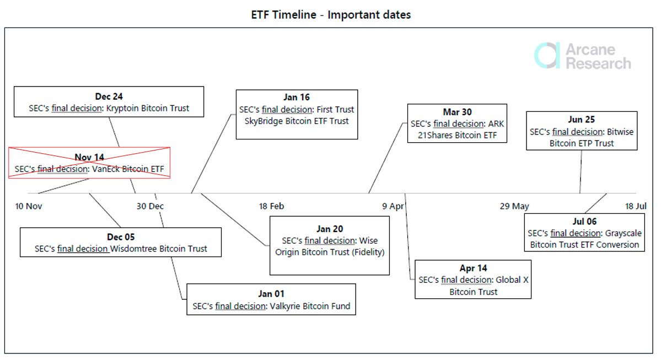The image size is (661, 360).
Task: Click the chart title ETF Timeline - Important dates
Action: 330,14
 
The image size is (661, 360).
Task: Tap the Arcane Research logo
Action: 583,56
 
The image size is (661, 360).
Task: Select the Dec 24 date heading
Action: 109,97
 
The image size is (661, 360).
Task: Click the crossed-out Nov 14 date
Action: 89,157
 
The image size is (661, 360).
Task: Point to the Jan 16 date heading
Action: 297,98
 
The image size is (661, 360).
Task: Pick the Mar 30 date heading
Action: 457,112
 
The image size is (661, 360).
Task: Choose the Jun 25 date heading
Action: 582,120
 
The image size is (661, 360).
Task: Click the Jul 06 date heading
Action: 584,222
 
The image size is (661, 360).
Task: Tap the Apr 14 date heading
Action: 473,268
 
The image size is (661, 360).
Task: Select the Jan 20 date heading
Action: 330,229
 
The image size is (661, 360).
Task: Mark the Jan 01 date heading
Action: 271,294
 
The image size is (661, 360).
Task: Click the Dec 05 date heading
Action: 121,237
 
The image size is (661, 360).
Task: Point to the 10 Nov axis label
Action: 29,206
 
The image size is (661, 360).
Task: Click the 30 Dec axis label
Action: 150,206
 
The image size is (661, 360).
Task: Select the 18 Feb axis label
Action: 271,206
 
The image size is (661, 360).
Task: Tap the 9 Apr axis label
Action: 393,206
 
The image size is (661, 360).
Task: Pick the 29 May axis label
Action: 514,206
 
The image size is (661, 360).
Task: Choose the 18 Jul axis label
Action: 636,206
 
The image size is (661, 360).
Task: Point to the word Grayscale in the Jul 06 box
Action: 622,233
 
